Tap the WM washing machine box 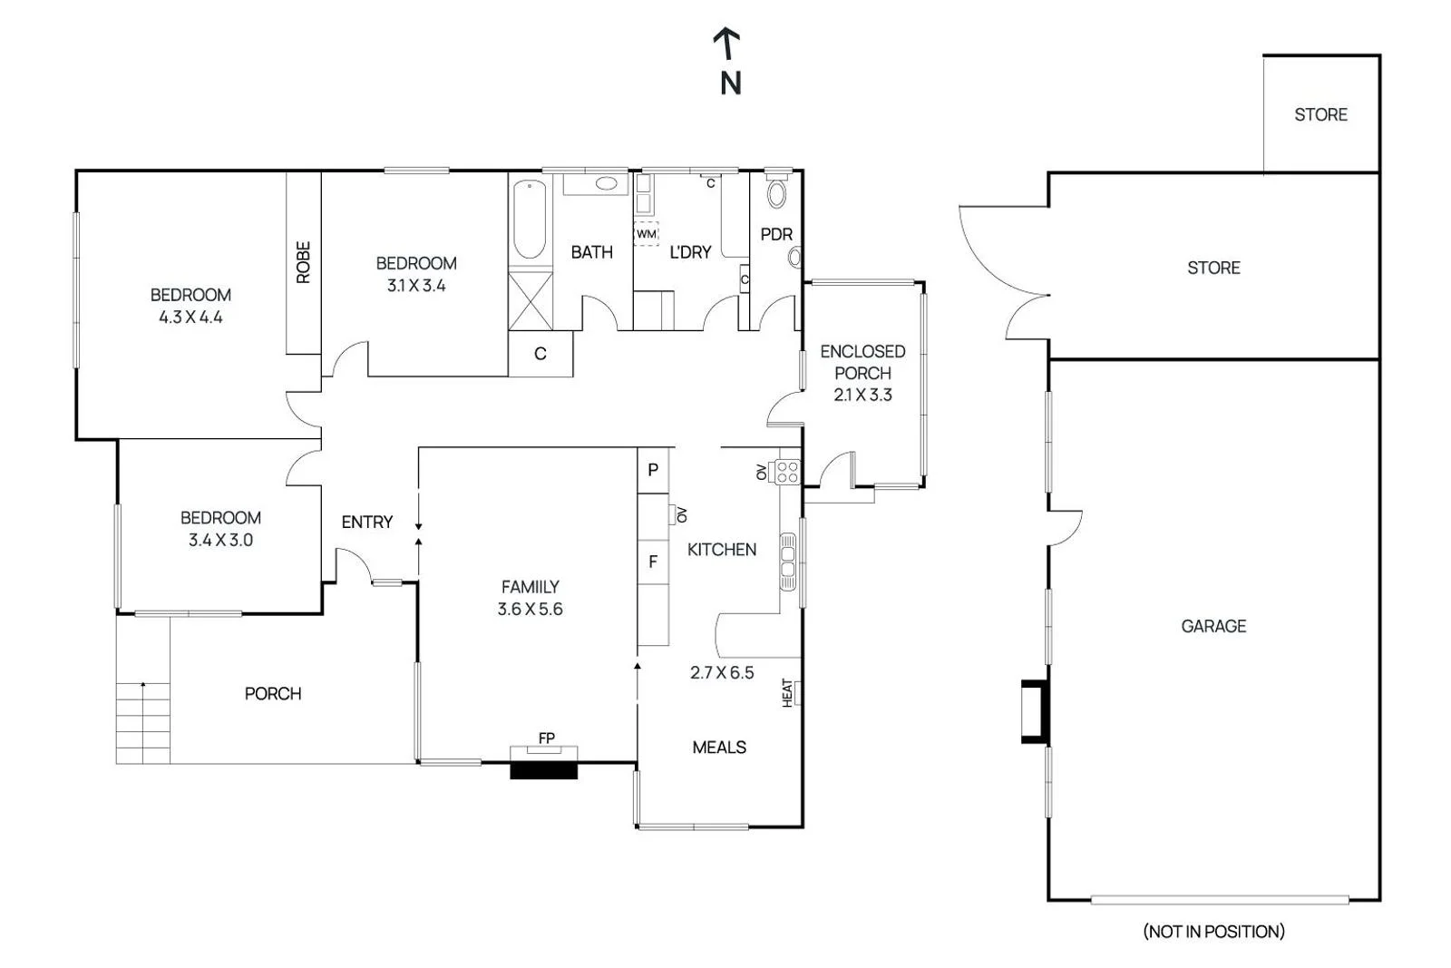point(646,234)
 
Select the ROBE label point(303,262)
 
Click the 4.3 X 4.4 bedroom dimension point(190,318)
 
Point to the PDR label point(776,234)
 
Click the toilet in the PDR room point(777,191)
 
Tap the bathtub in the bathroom point(530,220)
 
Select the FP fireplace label point(546,738)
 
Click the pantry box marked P point(653,470)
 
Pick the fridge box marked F point(653,562)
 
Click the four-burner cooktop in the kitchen point(786,472)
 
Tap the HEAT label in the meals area point(787,692)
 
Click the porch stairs point(143,723)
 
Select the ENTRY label point(366,523)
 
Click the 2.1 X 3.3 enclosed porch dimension point(862,395)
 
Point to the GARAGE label point(1212,626)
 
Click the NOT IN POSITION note point(1213,931)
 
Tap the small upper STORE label point(1320,115)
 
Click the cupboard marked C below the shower point(540,354)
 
